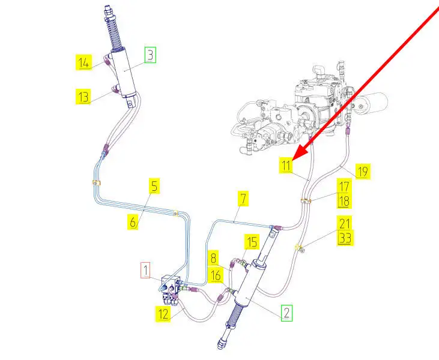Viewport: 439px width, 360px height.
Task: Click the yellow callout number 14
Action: tap(84, 61)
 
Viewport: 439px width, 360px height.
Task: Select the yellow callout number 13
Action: tap(84, 96)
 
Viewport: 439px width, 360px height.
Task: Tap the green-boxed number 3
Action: tap(150, 56)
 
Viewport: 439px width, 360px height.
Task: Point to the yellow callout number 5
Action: tap(154, 187)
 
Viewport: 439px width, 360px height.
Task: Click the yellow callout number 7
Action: tap(243, 198)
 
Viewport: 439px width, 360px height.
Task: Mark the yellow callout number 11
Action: tap(286, 166)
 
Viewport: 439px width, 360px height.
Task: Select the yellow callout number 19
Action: tap(362, 172)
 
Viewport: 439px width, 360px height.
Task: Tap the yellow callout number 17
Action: tap(344, 187)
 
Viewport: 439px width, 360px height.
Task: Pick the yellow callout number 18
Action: tap(344, 201)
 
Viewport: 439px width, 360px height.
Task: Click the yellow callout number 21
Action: tap(345, 224)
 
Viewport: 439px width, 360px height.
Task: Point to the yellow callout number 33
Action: tap(345, 238)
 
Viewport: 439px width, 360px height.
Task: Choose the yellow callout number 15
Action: tap(251, 242)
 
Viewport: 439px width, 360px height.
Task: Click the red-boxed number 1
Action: tap(145, 270)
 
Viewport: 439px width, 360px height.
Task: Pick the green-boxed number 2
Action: tap(286, 313)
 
